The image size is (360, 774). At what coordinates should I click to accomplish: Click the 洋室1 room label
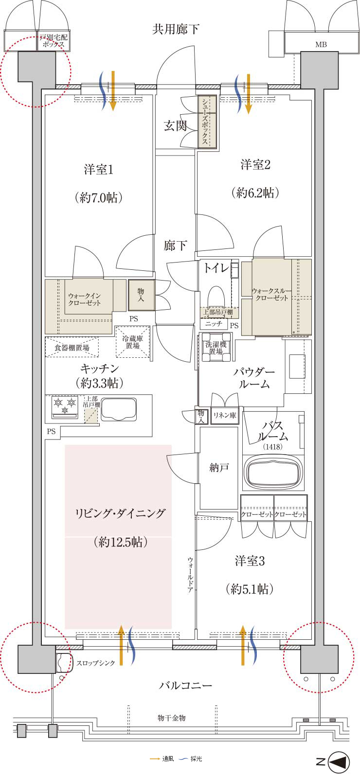(99, 170)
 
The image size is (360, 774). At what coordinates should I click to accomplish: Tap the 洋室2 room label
(255, 165)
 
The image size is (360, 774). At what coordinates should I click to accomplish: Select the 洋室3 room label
(250, 561)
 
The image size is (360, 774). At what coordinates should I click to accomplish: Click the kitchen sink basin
(119, 409)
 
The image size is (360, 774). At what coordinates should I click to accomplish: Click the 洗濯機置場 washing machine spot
(216, 348)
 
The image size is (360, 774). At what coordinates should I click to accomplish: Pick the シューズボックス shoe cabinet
(207, 122)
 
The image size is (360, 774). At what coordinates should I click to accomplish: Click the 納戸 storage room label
(218, 468)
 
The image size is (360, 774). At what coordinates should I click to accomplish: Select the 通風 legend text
(168, 759)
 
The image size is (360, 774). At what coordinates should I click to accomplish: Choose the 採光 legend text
(196, 759)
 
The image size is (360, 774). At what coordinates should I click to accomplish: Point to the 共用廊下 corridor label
(176, 29)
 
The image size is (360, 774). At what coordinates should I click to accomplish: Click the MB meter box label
(321, 45)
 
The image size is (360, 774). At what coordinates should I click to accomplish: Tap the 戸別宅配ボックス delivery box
(53, 41)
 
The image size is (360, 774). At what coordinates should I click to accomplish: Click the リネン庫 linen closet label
(224, 415)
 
